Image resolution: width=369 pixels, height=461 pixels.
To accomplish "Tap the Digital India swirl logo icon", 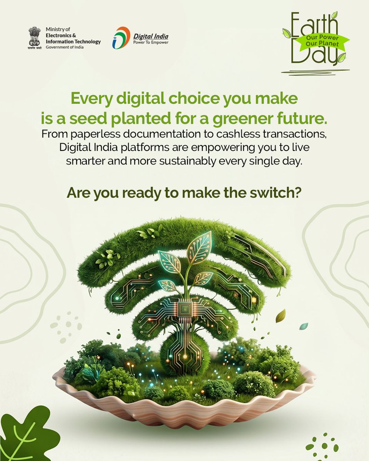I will click(x=121, y=38).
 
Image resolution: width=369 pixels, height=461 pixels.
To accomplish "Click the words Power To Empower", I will click(x=150, y=43).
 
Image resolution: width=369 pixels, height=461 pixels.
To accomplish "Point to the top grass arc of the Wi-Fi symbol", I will click(x=181, y=230).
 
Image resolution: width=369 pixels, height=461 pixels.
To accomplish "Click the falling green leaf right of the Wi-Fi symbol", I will click(x=281, y=316).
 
